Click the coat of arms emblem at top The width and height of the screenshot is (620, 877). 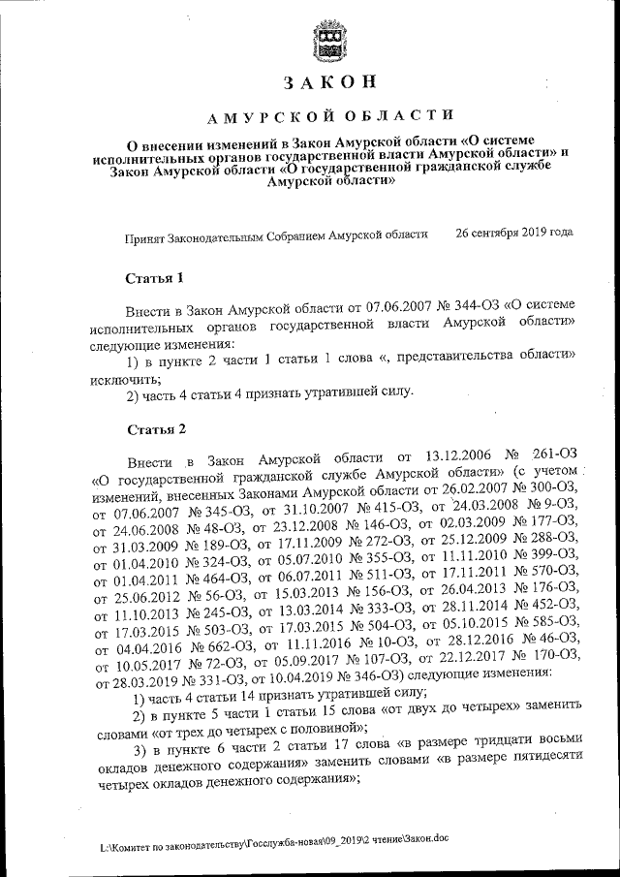329,41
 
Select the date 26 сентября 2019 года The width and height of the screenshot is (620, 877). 513,234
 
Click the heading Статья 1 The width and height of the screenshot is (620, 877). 155,278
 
